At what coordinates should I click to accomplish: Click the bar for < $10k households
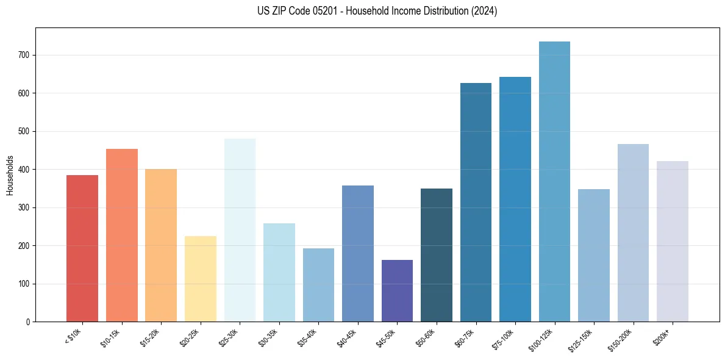82,248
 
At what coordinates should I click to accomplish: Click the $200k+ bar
673,242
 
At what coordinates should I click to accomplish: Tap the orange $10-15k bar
121,236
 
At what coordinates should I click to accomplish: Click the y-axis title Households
10,175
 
